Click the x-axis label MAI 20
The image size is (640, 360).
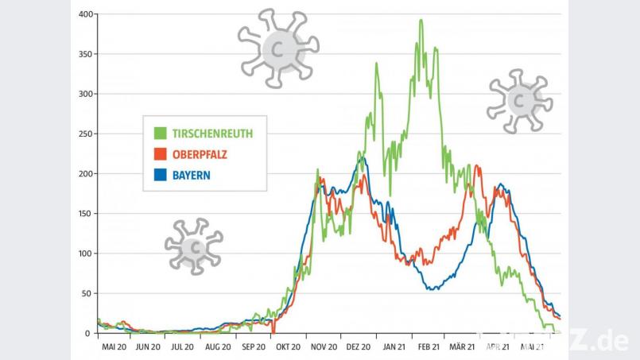pos(114,346)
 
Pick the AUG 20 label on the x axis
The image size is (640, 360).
pos(217,346)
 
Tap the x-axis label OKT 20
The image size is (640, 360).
pos(287,346)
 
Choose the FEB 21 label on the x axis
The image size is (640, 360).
pos(428,346)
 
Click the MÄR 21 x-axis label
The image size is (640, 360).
pos(461,346)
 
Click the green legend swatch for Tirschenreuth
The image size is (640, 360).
pos(160,133)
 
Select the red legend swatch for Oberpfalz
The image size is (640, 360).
pos(160,153)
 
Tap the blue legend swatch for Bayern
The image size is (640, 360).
pos(160,174)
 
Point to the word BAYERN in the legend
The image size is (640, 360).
pos(191,174)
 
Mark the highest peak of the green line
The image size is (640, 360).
pos(421,21)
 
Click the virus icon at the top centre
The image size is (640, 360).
pos(278,48)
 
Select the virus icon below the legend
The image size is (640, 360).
pos(193,246)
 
